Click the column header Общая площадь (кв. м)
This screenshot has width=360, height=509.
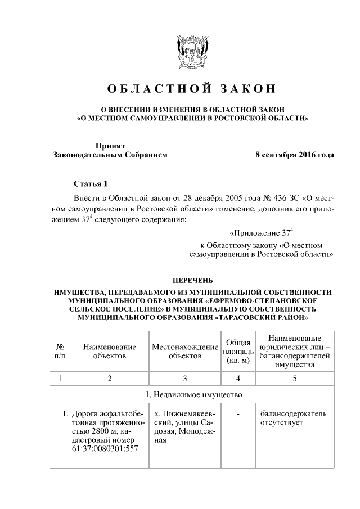click(238, 352)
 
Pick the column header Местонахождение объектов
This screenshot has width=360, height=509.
click(184, 352)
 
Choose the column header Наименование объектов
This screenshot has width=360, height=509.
click(110, 352)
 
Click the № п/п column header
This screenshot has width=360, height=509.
click(60, 352)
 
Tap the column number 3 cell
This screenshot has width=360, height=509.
click(184, 379)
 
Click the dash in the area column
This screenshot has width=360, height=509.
click(238, 415)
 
